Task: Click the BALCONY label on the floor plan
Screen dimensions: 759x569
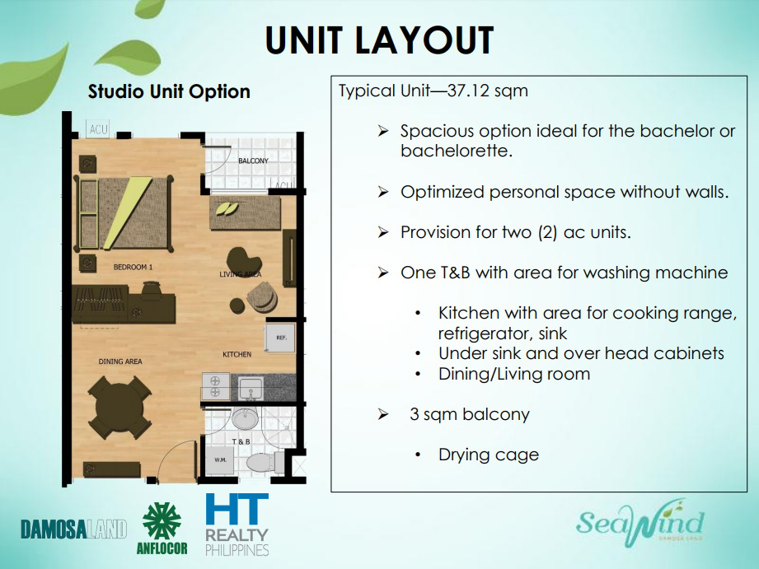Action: pyautogui.click(x=253, y=161)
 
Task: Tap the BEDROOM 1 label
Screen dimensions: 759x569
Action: pyautogui.click(x=134, y=267)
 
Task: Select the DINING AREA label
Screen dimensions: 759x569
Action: pyautogui.click(x=120, y=361)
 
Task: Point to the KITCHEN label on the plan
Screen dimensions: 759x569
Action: pyautogui.click(x=237, y=354)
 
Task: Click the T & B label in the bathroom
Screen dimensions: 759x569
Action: pyautogui.click(x=241, y=441)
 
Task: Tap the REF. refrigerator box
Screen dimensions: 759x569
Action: pyautogui.click(x=280, y=338)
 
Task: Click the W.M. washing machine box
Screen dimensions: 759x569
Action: pyautogui.click(x=220, y=459)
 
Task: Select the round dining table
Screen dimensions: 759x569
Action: pyautogui.click(x=119, y=408)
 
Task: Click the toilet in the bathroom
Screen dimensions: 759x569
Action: pyautogui.click(x=265, y=462)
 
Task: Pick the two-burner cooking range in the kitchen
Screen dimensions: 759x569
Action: pyautogui.click(x=215, y=387)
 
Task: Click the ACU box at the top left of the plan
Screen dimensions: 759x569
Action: pyautogui.click(x=98, y=128)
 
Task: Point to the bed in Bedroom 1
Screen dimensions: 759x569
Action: pyautogui.click(x=124, y=213)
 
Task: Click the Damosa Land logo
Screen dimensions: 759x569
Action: pyautogui.click(x=73, y=529)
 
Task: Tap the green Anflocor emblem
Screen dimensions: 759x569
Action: pyautogui.click(x=162, y=520)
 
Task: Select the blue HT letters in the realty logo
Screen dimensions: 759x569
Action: pyautogui.click(x=237, y=509)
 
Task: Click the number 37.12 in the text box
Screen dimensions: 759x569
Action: pyautogui.click(x=467, y=91)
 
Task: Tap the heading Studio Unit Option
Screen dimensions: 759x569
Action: pyautogui.click(x=169, y=91)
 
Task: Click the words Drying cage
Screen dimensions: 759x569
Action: pyautogui.click(x=489, y=455)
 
